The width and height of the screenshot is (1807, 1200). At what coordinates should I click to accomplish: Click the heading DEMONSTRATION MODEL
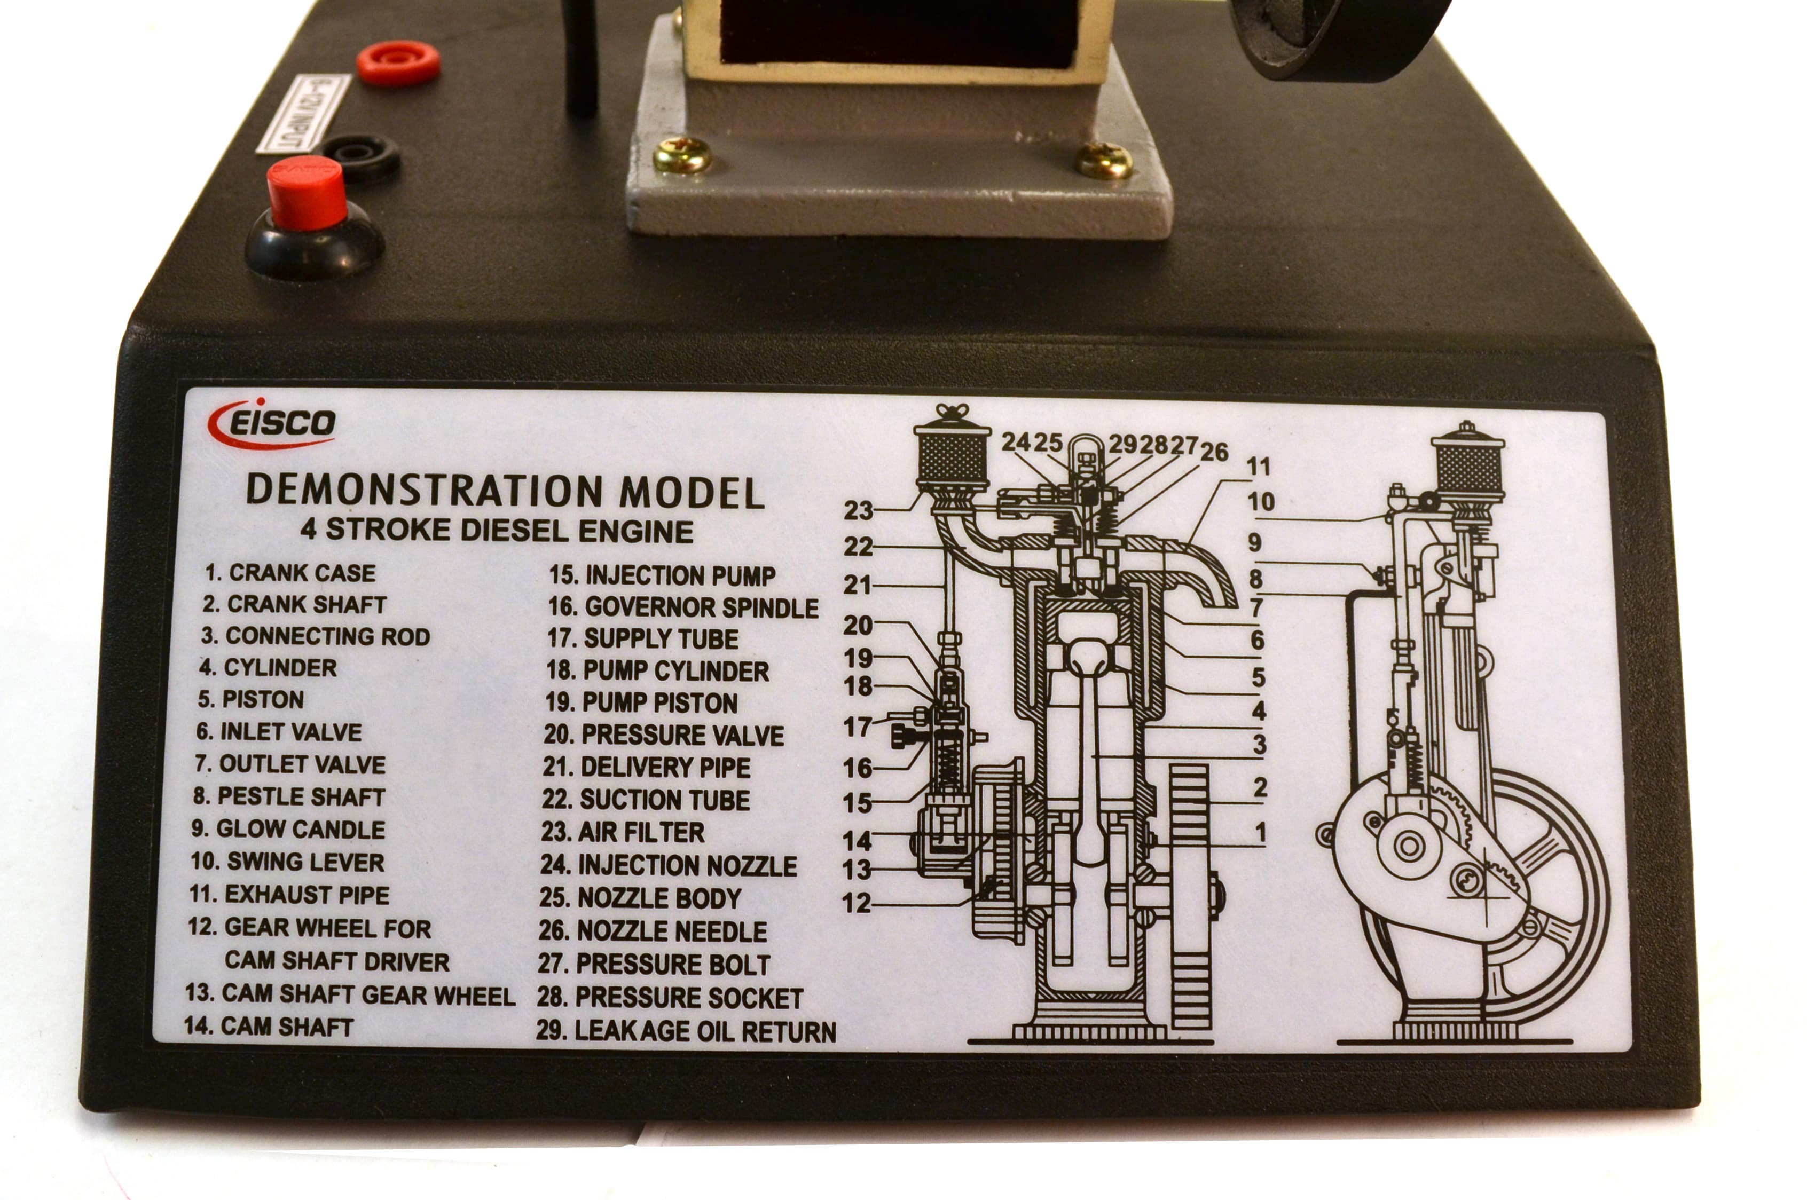click(505, 491)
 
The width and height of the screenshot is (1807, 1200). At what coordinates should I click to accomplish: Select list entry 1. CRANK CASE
click(290, 572)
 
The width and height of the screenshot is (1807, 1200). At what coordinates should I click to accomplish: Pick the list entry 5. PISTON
click(251, 699)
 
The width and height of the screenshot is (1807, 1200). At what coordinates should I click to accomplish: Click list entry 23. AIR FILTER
click(622, 831)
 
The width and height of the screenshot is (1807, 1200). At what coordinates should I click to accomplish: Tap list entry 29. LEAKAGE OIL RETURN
click(686, 1031)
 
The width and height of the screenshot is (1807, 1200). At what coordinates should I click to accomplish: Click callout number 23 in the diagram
click(858, 510)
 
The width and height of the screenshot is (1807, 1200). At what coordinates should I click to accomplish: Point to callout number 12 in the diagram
click(857, 903)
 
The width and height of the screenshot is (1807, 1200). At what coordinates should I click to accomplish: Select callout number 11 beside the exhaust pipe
click(1258, 466)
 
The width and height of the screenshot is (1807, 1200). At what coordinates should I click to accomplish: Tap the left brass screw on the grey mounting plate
click(682, 155)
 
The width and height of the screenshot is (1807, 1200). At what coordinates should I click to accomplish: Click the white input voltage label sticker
click(303, 113)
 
